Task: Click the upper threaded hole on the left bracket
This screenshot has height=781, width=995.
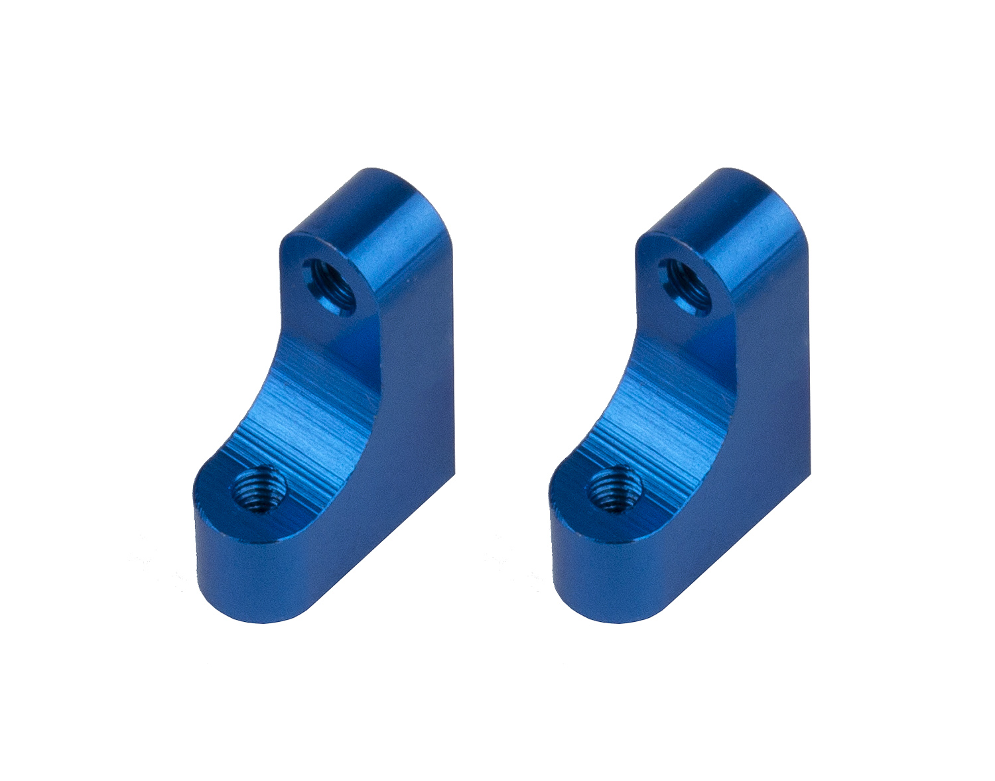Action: [328, 281]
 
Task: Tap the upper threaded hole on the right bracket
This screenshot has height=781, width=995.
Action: [685, 281]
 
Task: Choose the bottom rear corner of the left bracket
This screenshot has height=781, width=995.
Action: [453, 473]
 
